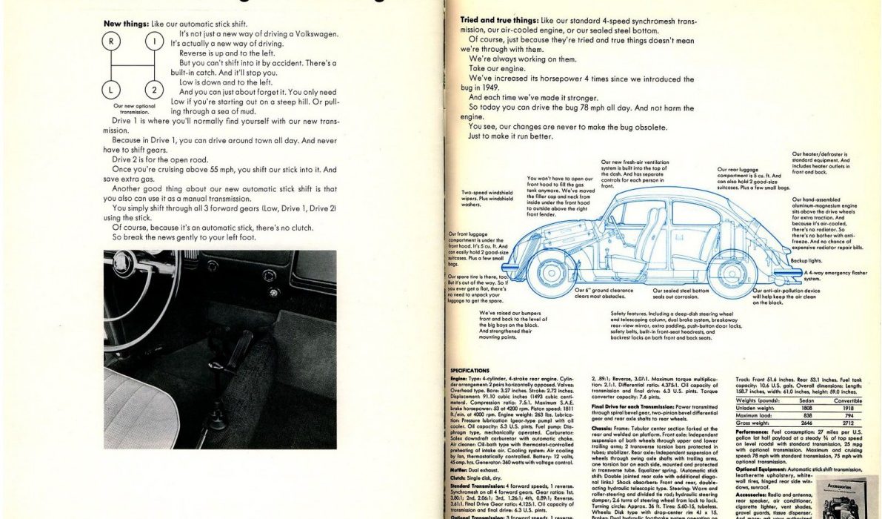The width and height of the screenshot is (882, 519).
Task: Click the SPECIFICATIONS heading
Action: click(470, 371)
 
